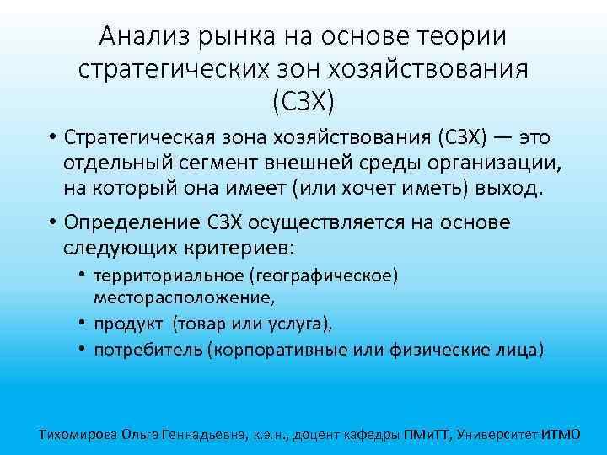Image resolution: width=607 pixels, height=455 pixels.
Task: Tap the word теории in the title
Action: (465, 36)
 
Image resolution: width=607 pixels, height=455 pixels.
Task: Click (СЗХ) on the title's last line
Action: (303, 100)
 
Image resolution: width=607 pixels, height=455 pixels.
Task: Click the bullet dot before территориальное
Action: (85, 276)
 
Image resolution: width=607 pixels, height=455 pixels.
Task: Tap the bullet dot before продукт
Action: (85, 323)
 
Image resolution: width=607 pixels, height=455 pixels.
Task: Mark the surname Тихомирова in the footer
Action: (78, 435)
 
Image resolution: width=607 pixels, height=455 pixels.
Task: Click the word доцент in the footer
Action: (330, 435)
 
